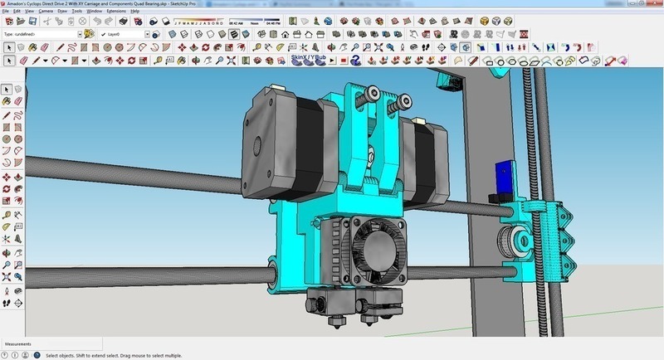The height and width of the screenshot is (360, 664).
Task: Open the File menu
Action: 5,11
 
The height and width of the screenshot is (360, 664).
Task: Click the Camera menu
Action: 46,11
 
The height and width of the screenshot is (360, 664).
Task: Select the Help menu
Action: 135,11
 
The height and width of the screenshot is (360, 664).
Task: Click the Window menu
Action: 95,11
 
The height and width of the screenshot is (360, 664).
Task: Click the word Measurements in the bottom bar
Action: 17,343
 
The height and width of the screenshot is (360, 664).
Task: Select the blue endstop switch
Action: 500,178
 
